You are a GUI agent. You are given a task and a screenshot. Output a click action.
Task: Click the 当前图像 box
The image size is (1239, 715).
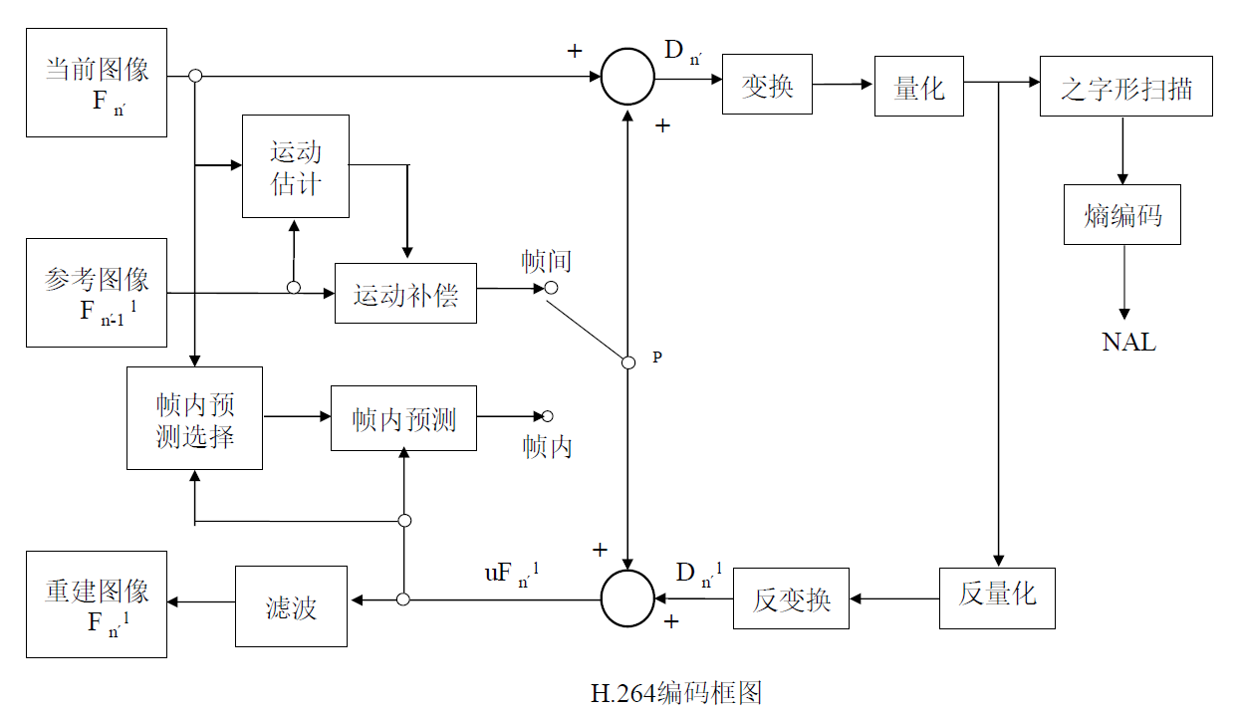point(97,83)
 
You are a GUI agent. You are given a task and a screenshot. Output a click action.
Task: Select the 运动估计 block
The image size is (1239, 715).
point(296,166)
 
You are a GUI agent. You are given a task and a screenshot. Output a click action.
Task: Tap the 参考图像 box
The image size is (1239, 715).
point(97,293)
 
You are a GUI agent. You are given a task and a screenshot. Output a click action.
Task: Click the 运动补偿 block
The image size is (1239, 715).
point(405,294)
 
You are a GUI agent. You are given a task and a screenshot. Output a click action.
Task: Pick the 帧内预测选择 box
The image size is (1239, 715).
point(194,418)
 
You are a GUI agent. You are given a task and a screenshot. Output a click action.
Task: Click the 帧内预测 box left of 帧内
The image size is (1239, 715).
point(403,418)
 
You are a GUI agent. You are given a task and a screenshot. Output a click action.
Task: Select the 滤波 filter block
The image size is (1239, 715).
point(292,606)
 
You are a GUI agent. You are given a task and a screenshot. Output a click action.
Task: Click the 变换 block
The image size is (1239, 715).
point(767,86)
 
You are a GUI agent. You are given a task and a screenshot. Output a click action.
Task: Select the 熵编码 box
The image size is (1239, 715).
point(1122,215)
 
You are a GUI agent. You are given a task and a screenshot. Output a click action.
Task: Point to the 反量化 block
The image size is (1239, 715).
point(997,597)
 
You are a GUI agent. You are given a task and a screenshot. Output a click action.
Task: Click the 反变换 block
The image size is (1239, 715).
point(791,599)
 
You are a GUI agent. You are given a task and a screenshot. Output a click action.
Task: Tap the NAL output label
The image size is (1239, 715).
point(1128,342)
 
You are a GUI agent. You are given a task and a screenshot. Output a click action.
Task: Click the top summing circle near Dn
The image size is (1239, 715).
point(627,77)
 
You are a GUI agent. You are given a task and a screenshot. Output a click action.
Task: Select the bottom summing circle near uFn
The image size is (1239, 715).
point(627,598)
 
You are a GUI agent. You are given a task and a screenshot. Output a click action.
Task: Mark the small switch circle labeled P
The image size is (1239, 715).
point(628,362)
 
